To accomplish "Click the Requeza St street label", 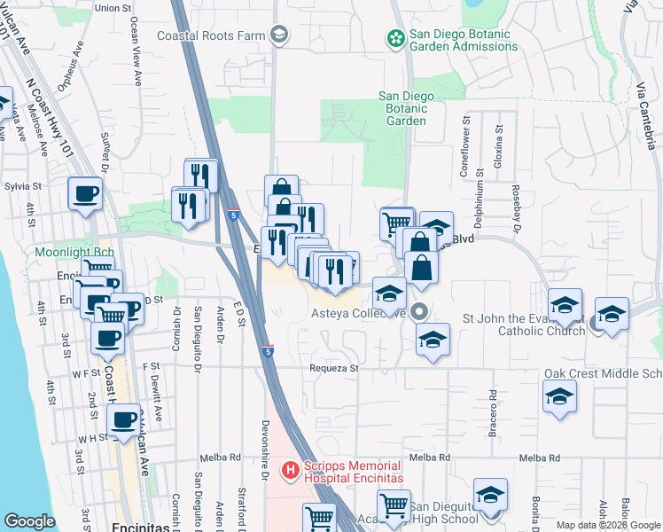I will tap(332, 367).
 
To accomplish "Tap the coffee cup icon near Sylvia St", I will tap(85, 194).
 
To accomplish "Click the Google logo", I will tap(29, 520).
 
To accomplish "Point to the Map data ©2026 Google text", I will tap(608, 525).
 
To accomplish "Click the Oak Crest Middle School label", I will tap(603, 373).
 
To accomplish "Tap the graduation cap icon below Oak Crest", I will tap(560, 396).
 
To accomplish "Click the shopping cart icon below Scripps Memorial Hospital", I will tap(318, 517).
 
